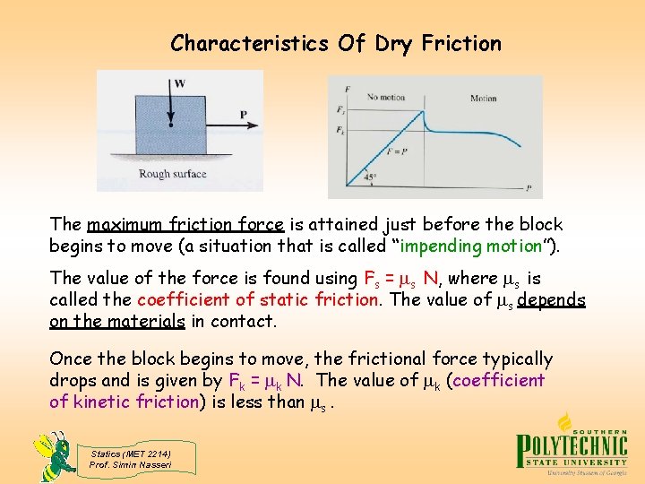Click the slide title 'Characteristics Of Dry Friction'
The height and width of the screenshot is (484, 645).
pos(335,43)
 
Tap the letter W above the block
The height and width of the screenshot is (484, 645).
pos(180,84)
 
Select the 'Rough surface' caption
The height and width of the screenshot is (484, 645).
pos(172,174)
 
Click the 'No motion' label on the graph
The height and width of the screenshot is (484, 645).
pos(385,97)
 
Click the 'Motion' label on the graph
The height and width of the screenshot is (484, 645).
pos(484,97)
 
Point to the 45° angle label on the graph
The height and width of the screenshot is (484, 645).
pos(370,177)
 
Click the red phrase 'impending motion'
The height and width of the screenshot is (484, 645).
pos(475,246)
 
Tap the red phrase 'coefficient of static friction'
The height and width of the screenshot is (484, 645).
pos(257,299)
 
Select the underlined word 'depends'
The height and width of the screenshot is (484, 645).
pos(549,299)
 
